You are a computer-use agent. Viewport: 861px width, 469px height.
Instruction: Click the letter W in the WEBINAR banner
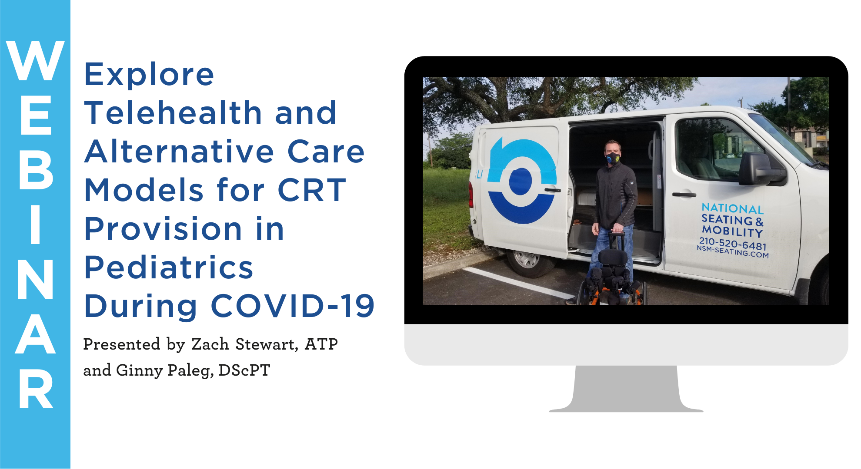pos(35,60)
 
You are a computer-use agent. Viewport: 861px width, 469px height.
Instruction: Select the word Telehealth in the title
pos(173,112)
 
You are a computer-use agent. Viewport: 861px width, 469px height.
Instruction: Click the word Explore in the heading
pos(149,74)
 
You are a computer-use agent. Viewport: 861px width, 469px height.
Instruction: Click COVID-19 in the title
pos(293,306)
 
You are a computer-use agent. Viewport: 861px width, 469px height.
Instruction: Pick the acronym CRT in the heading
pos(312,190)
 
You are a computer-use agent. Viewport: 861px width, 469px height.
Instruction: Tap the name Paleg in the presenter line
pos(190,371)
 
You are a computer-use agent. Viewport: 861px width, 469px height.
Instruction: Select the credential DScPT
pos(244,370)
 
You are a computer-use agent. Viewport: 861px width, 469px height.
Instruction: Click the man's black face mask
pos(613,158)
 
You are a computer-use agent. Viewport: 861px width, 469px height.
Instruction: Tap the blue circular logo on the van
pos(522,181)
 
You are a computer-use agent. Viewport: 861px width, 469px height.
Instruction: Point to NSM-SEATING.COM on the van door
pos(733,251)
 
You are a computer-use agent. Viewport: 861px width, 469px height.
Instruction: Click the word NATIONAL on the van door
pos(733,208)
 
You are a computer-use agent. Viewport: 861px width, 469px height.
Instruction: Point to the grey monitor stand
pos(626,389)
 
